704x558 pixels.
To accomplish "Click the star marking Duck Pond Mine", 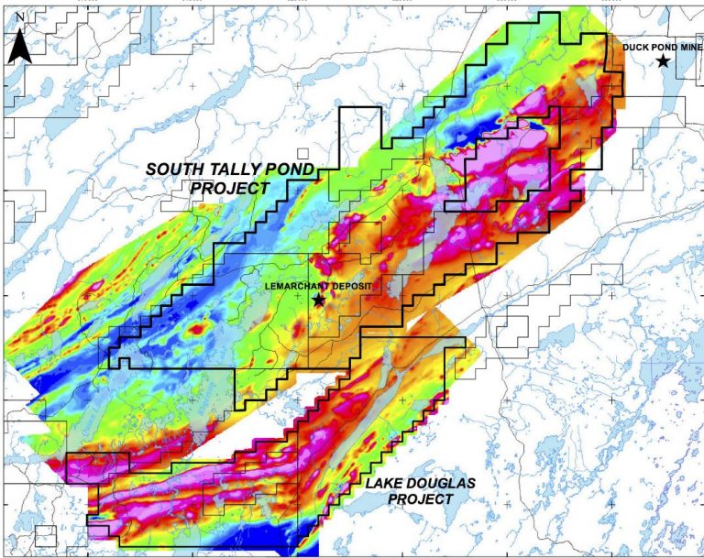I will (663, 61).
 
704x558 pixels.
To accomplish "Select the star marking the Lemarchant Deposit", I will (318, 300).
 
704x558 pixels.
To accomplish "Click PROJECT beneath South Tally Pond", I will (230, 189).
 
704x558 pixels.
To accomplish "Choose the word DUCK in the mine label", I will (636, 48).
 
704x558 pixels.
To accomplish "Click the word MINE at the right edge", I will (691, 48).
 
